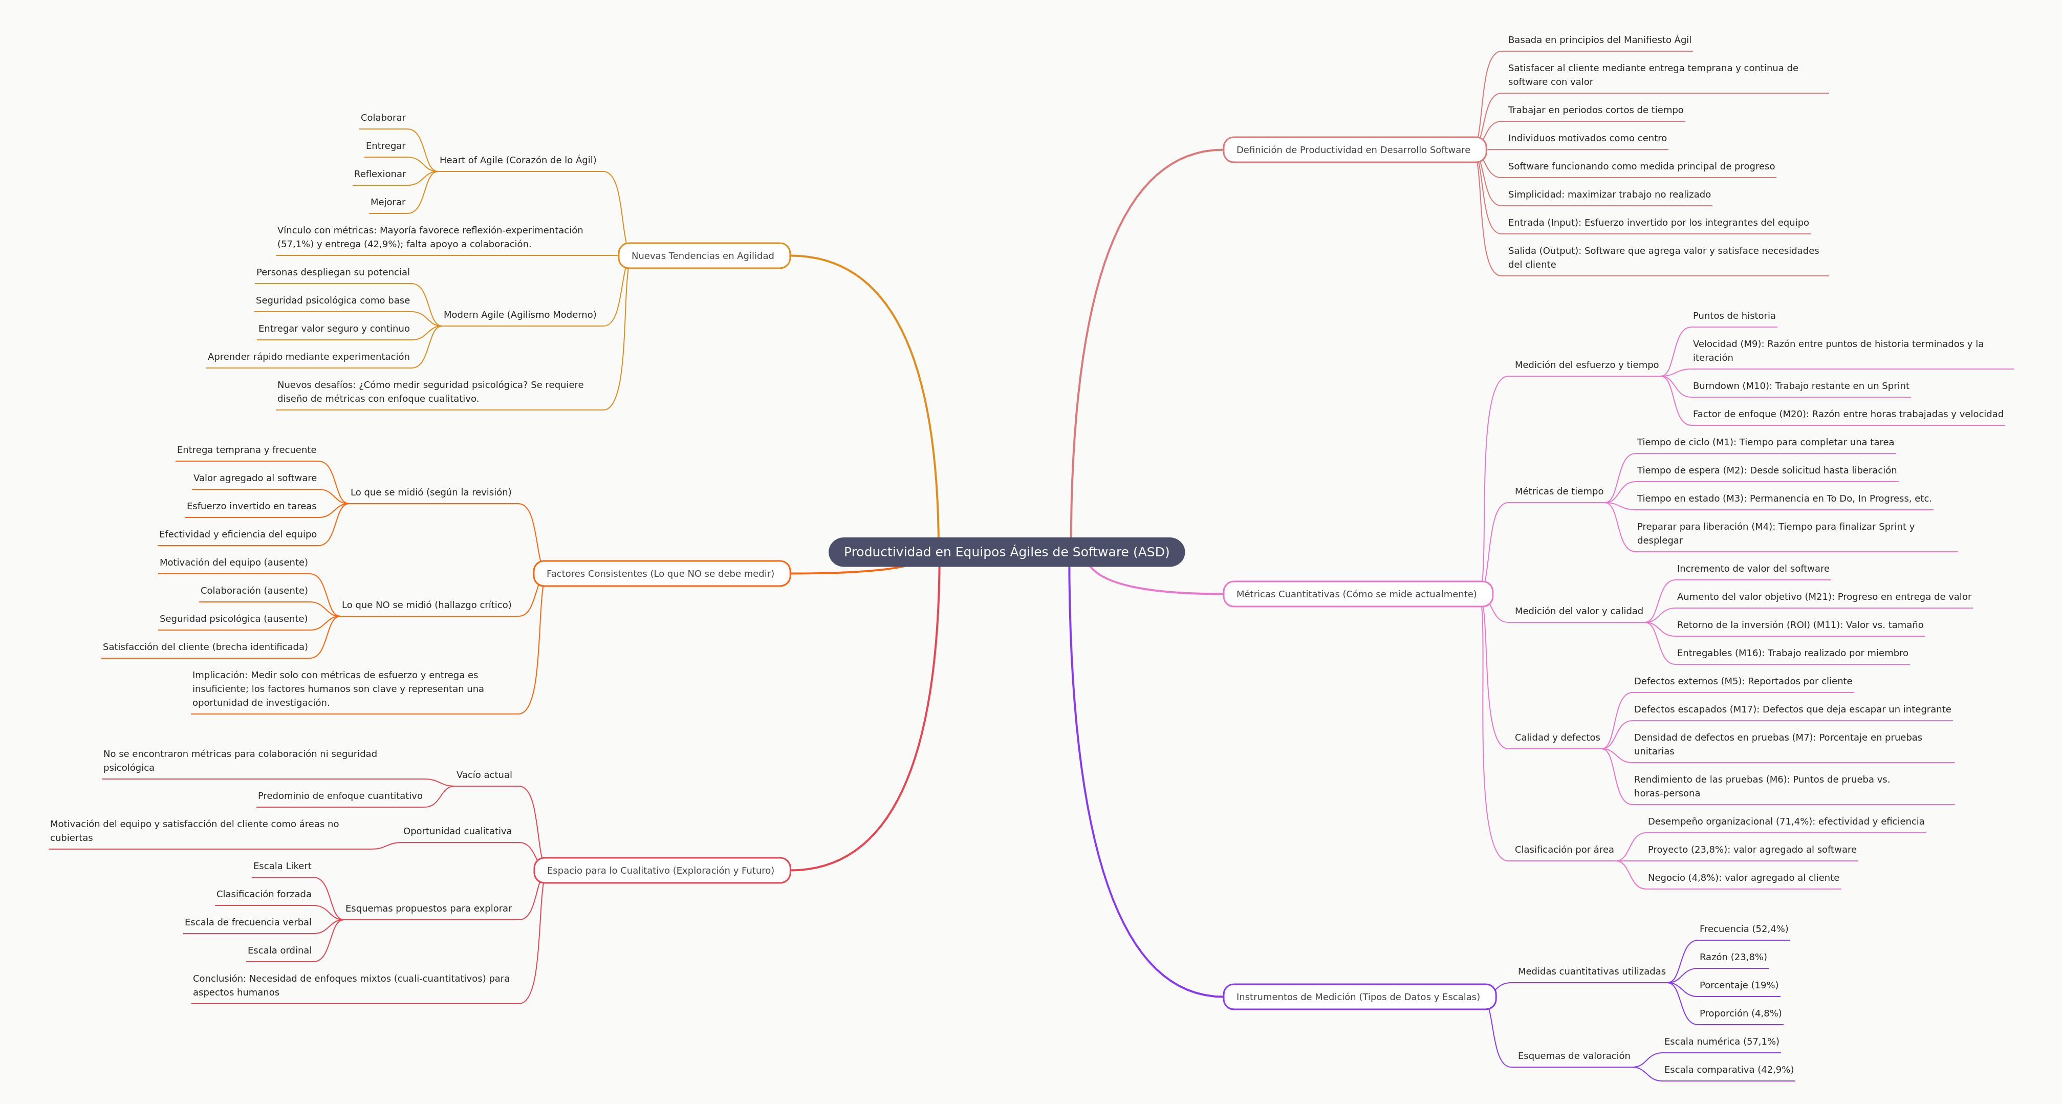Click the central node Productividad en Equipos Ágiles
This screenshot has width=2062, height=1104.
coord(1006,552)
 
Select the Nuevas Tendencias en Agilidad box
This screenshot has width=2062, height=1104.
coord(703,255)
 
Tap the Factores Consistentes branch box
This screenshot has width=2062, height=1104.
coord(660,573)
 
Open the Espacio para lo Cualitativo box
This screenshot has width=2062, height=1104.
coord(660,870)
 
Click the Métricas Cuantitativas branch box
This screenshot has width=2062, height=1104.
coord(1356,594)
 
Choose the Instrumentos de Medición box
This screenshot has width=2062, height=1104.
coord(1358,997)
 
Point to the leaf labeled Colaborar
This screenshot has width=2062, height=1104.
coord(383,118)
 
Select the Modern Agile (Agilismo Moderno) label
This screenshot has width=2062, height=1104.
coord(519,315)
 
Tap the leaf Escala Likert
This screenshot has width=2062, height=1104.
coord(282,866)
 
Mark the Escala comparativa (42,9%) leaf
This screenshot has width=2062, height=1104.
coord(1728,1070)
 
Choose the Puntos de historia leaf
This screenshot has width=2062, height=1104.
coord(1734,315)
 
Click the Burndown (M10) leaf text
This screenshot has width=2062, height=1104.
coord(1800,386)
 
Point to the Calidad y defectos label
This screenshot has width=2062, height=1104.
coord(1557,738)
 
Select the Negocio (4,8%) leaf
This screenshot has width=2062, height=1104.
coord(1743,877)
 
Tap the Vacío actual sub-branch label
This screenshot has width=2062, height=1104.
coord(484,775)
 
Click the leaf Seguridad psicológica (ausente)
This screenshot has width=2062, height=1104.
coord(233,619)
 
